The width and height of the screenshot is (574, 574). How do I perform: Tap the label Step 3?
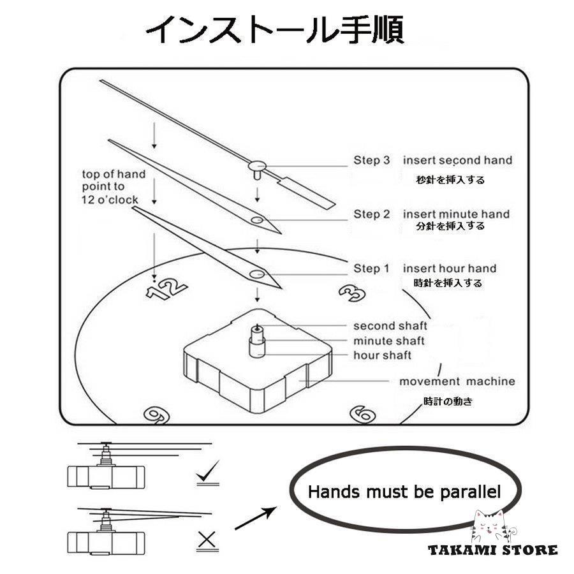pos(371,160)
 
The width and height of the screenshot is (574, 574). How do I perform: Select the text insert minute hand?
pos(456,214)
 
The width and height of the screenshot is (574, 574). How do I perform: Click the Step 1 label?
pos(371,269)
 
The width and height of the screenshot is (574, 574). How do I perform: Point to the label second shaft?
pos(390,326)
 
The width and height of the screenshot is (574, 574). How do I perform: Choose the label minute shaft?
pos(389,341)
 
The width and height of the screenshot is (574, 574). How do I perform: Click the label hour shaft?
pos(383,355)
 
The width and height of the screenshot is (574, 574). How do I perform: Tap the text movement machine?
pos(457,381)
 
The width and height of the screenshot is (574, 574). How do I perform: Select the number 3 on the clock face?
pos(353,292)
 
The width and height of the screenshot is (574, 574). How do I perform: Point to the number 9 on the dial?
pos(154,415)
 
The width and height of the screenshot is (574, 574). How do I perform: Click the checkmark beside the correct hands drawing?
pos(208,473)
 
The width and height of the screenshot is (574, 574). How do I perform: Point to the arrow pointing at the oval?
pos(254,518)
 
